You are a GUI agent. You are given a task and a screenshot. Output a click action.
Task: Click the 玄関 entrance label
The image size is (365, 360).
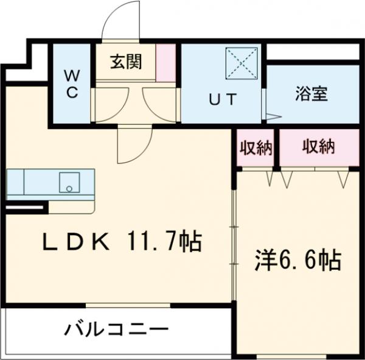[126, 63]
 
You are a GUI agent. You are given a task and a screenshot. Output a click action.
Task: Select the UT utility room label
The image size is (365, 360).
[222, 98]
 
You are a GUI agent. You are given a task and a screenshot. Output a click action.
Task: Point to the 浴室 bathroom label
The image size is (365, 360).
[311, 94]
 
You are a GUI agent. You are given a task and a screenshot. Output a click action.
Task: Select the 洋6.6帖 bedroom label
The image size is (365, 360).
[297, 261]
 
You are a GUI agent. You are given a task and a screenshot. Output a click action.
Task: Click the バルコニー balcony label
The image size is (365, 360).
[116, 331]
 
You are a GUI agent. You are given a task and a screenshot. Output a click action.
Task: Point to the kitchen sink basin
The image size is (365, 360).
[70, 182]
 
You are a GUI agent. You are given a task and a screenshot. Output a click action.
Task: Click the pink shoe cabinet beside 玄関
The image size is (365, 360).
[165, 63]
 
